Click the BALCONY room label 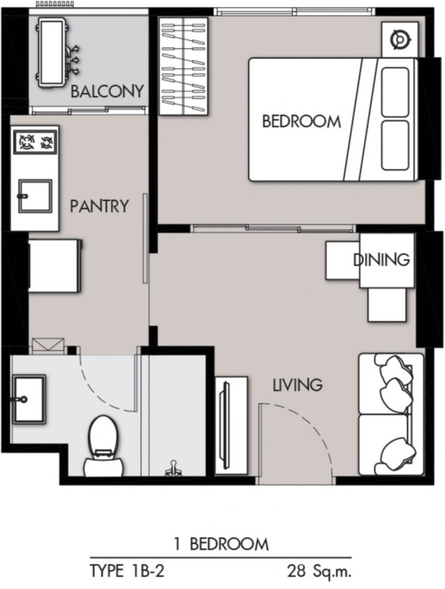(x=106, y=91)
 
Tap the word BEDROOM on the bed (x=301, y=121)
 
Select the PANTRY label (x=99, y=206)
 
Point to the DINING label (x=381, y=259)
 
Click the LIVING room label (x=297, y=385)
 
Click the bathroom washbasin (x=29, y=399)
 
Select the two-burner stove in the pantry (x=35, y=141)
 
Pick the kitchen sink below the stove (x=34, y=196)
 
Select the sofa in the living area (x=391, y=414)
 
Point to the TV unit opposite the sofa (x=231, y=424)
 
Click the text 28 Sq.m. (x=319, y=571)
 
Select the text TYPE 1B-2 (x=127, y=571)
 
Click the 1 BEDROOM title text (x=221, y=544)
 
